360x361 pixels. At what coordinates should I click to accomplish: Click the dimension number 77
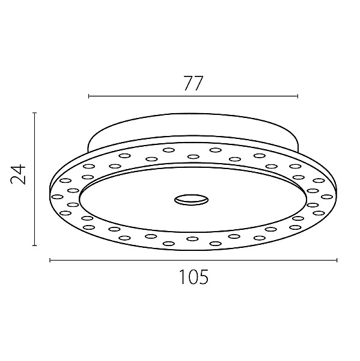click(x=194, y=83)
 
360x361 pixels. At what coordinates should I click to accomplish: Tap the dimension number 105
click(x=194, y=277)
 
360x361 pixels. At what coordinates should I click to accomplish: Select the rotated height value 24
click(x=18, y=174)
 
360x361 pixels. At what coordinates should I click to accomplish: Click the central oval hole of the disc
click(x=191, y=199)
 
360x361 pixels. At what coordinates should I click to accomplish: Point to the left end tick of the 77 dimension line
click(x=89, y=96)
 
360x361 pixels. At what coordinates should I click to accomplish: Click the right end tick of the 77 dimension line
click(x=298, y=96)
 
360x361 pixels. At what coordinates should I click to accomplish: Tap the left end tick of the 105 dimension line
click(x=50, y=260)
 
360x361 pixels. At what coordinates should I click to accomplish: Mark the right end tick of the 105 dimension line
click(x=337, y=260)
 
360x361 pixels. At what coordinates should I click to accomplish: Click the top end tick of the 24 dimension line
click(x=34, y=113)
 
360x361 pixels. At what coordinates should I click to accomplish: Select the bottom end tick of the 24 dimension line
click(x=34, y=245)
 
